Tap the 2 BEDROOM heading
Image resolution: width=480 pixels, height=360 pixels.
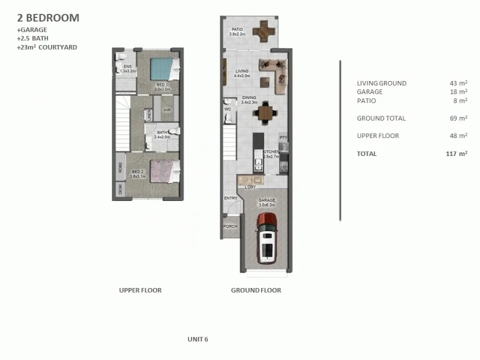click(x=48, y=18)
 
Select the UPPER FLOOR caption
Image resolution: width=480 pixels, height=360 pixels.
click(x=140, y=290)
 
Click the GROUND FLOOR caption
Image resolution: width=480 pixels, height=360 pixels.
click(x=256, y=290)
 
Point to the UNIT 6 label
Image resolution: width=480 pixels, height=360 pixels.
click(x=197, y=339)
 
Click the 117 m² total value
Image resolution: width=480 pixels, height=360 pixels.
click(x=454, y=154)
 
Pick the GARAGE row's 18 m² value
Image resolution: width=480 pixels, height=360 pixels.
click(x=458, y=92)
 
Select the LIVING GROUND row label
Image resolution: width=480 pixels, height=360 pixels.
click(x=382, y=83)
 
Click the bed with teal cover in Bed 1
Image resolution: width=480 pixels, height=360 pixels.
click(x=163, y=68)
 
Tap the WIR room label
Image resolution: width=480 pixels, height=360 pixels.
click(x=167, y=110)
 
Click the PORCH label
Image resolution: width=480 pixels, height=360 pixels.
click(x=230, y=226)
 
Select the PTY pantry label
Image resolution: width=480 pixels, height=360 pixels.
click(x=284, y=137)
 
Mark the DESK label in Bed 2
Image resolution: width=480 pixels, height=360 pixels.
click(x=121, y=190)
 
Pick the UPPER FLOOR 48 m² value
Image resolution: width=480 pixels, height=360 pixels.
click(x=458, y=136)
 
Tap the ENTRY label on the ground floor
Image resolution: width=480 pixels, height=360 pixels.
click(x=230, y=198)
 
